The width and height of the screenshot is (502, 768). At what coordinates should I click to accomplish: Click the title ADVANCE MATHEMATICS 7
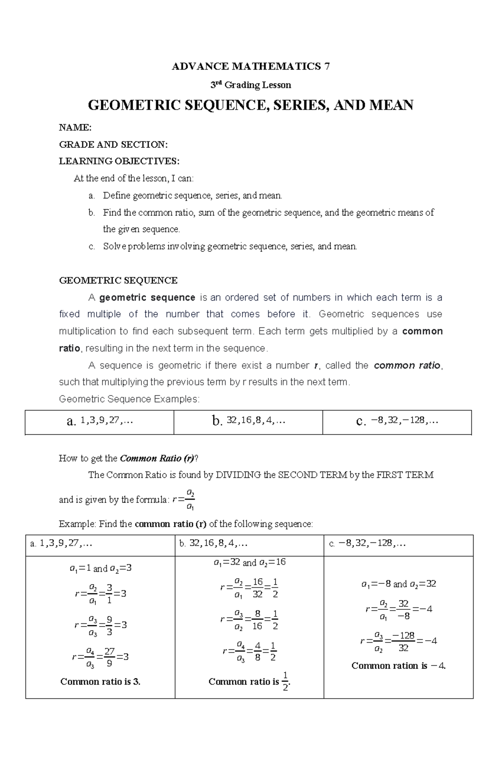click(x=251, y=66)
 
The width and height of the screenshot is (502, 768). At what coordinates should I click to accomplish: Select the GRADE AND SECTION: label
click(x=113, y=144)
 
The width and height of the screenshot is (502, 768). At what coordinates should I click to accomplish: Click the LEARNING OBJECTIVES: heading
click(x=119, y=161)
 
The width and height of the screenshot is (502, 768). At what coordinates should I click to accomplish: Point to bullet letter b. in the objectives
click(x=92, y=213)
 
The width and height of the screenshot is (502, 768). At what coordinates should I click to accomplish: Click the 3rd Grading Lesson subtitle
click(x=251, y=85)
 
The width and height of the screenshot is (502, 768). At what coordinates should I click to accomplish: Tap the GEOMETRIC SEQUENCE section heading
click(x=118, y=280)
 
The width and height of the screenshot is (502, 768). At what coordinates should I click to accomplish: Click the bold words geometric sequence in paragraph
click(x=147, y=298)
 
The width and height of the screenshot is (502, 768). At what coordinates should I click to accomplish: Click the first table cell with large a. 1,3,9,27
click(x=100, y=421)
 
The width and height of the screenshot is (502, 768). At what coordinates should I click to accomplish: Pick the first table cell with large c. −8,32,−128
click(x=397, y=421)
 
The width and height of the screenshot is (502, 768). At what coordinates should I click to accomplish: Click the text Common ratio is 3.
click(x=100, y=681)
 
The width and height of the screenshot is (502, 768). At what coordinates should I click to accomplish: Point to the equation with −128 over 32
click(x=398, y=641)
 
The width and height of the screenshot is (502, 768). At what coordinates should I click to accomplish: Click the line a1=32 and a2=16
click(x=249, y=563)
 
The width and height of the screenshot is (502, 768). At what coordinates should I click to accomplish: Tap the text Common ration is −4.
click(x=398, y=665)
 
